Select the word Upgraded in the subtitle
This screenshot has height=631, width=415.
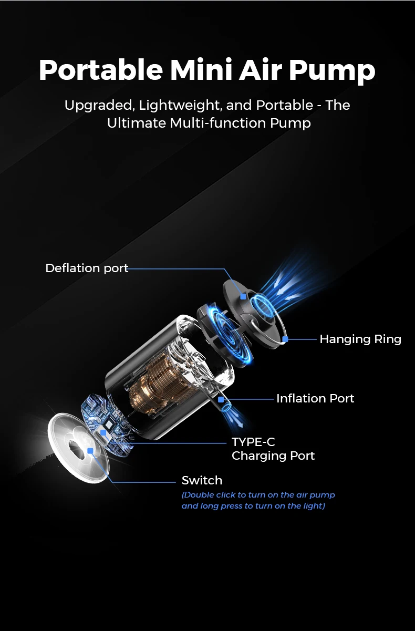[100, 105]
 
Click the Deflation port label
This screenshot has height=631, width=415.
[87, 268]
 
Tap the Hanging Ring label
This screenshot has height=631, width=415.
[360, 339]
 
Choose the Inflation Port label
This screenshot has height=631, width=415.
[315, 398]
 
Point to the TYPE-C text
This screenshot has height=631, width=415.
[253, 442]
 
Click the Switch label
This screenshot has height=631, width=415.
[202, 480]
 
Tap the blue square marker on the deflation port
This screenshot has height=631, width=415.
[243, 296]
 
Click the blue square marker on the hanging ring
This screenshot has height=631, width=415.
[285, 339]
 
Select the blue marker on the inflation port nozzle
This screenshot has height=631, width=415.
[221, 399]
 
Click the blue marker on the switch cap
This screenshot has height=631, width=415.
[90, 451]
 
